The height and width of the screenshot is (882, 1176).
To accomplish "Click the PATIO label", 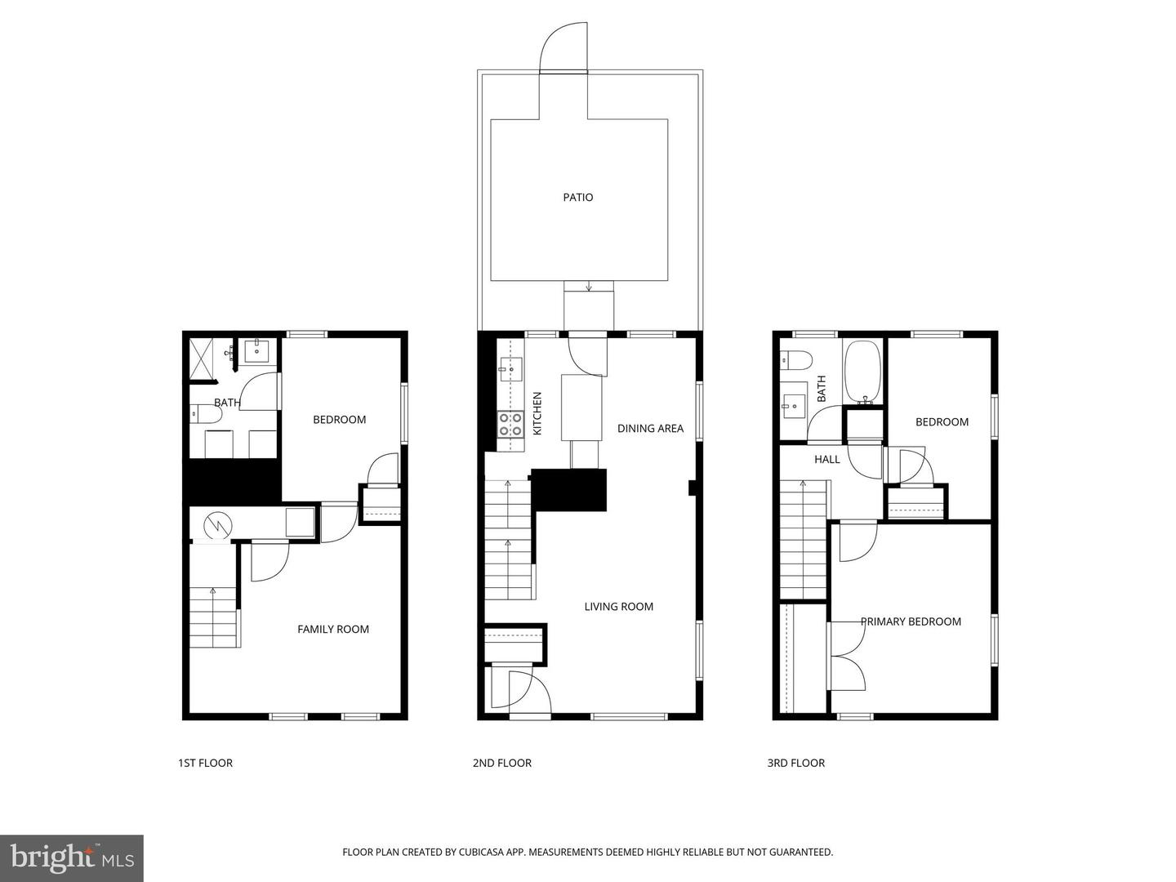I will [x=577, y=197].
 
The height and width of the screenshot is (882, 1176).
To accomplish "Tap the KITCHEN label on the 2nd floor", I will [x=537, y=413].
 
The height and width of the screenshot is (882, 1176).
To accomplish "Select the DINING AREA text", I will [x=650, y=428].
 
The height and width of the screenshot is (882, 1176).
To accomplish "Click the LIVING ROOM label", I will [x=618, y=606].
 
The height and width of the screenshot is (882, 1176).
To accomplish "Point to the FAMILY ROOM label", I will [x=332, y=629].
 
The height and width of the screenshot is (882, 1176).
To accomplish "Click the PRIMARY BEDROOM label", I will [x=911, y=621].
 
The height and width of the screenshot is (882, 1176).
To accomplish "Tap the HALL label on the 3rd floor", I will [x=826, y=459].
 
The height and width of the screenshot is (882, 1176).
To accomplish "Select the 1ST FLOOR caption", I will [x=205, y=763].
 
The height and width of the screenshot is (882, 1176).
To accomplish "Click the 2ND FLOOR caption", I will [x=501, y=763].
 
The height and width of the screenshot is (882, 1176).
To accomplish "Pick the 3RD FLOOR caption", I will [x=795, y=763].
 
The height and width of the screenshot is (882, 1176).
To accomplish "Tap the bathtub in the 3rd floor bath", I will [x=862, y=372].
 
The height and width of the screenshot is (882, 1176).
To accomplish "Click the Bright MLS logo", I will [x=72, y=857].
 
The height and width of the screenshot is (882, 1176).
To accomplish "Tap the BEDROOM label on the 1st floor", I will [x=339, y=419].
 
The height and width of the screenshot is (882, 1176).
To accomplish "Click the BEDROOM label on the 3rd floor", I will [x=942, y=421].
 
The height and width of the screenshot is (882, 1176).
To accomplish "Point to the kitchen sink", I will [x=511, y=369].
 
